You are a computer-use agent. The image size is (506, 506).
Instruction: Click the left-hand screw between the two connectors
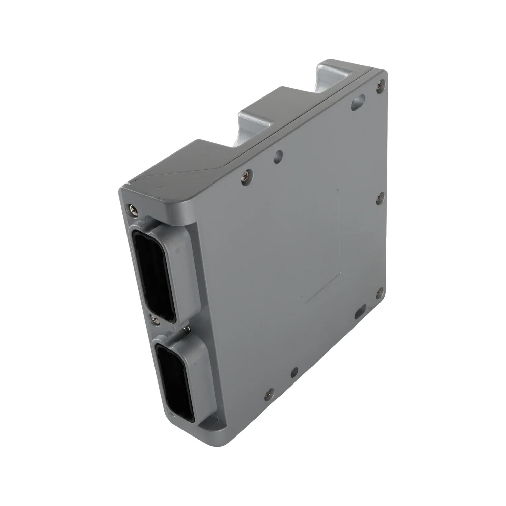(x=154, y=318)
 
